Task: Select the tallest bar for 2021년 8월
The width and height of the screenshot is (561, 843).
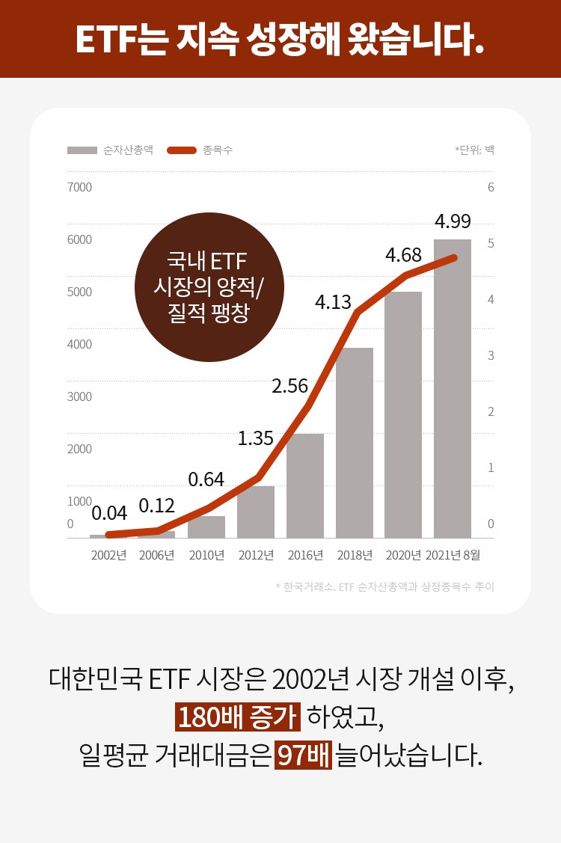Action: coord(453,389)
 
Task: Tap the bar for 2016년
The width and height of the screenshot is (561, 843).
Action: coord(305,485)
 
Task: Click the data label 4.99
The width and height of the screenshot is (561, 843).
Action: coord(453,221)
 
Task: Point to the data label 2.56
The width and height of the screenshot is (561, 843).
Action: coord(290,386)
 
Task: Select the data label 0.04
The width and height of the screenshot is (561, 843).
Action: coord(109,513)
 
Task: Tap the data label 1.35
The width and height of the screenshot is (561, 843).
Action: coord(256,438)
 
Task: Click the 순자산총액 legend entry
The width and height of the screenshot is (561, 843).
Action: coord(110,150)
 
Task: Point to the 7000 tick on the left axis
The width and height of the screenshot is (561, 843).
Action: coord(79,187)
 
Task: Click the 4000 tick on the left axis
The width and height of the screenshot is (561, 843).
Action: coord(79,344)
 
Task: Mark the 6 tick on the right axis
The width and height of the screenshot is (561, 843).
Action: coord(491,187)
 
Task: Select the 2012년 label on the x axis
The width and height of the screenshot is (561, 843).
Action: coord(256,555)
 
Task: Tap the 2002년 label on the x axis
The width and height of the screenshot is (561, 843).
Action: coord(109,555)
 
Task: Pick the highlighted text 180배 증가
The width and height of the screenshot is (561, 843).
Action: coord(237,717)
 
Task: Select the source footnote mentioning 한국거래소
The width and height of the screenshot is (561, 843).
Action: coord(384,586)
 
